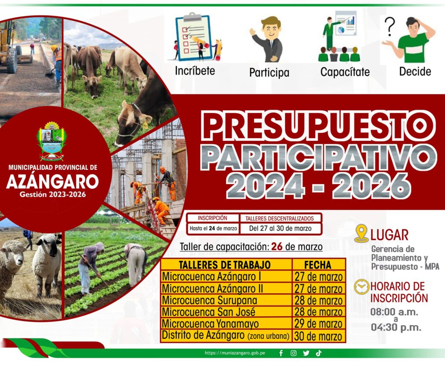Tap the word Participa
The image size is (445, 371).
[269, 72]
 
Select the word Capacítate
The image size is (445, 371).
[345, 72]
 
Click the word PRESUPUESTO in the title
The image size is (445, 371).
[319, 125]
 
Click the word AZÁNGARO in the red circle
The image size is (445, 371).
[52, 181]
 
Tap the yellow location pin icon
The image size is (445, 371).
[361, 234]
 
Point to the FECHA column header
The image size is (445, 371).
[318, 265]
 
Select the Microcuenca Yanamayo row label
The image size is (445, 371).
[210, 324]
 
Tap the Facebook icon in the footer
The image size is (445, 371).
[281, 353]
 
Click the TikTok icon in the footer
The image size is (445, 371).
[319, 353]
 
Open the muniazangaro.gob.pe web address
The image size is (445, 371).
[234, 353]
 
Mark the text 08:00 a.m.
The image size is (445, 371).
[394, 311]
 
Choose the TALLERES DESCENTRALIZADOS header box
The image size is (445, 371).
[281, 218]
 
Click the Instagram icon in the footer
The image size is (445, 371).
[293, 353]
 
